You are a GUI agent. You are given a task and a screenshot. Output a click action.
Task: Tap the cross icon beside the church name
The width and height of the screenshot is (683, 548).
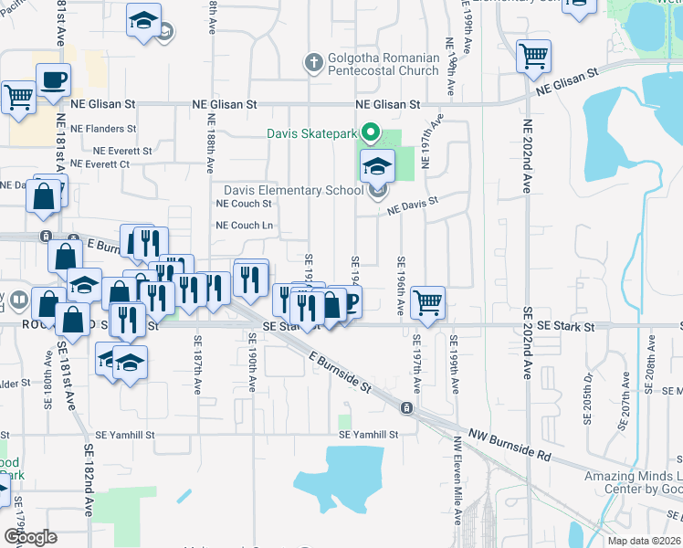click(312, 63)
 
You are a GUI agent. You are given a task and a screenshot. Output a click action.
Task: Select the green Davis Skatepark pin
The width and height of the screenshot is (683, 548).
click(371, 133)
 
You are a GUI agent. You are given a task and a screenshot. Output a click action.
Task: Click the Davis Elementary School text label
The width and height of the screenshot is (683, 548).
click(294, 191)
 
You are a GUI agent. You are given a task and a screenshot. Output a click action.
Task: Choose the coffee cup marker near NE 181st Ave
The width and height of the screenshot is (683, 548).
click(54, 79)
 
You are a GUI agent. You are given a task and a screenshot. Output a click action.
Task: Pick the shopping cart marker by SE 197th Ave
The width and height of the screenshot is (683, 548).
click(426, 301)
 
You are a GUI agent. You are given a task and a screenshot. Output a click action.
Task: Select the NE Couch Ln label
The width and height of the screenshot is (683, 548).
click(244, 226)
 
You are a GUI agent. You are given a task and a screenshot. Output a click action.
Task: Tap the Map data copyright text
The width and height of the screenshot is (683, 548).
click(645, 541)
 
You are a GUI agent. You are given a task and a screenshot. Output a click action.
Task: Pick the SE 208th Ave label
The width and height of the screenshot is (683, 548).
click(651, 364)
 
